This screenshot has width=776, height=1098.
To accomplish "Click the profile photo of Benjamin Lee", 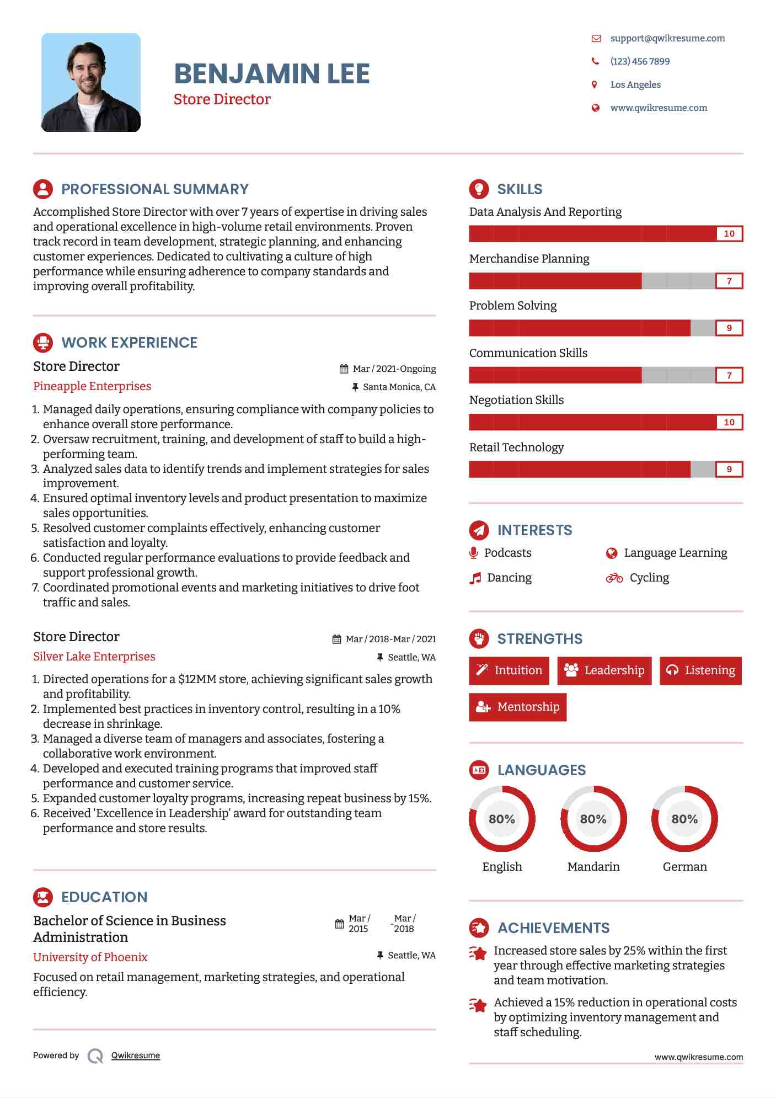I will pyautogui.click(x=91, y=83).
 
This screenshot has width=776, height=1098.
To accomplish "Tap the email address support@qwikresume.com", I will pyautogui.click(x=667, y=39).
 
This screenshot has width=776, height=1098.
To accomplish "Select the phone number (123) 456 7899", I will pyautogui.click(x=640, y=62).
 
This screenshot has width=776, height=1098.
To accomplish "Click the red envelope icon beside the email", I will pyautogui.click(x=596, y=39).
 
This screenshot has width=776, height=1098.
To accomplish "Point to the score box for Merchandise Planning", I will pyautogui.click(x=729, y=281).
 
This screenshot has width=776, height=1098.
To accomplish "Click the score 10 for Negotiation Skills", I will pyautogui.click(x=729, y=423).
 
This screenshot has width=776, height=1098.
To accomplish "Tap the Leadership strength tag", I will pyautogui.click(x=604, y=670).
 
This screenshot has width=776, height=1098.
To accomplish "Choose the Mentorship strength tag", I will pyautogui.click(x=517, y=707).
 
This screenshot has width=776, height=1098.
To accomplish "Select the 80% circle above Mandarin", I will pyautogui.click(x=593, y=819).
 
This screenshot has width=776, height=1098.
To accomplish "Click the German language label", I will pyautogui.click(x=684, y=867).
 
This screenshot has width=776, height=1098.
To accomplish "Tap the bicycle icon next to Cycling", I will pyautogui.click(x=614, y=578).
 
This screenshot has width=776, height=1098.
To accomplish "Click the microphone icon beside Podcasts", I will pyautogui.click(x=473, y=553).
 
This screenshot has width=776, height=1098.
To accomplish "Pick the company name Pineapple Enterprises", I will pyautogui.click(x=92, y=386).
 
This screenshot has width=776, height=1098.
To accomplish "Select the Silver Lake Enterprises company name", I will pyautogui.click(x=94, y=657).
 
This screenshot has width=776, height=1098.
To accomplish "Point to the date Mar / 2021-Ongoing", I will pyautogui.click(x=394, y=369).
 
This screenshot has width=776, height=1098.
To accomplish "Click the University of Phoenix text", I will pyautogui.click(x=90, y=957).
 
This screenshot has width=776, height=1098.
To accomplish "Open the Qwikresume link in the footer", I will pyautogui.click(x=136, y=1056).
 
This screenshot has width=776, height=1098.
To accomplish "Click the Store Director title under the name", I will pyautogui.click(x=222, y=99).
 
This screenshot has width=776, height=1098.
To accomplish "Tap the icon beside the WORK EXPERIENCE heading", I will pyautogui.click(x=43, y=343).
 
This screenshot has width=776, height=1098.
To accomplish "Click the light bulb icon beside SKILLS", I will pyautogui.click(x=479, y=189).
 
